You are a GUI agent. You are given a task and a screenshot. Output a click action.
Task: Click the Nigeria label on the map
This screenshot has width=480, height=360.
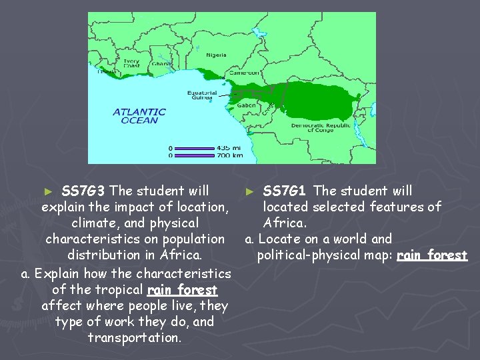[215, 55]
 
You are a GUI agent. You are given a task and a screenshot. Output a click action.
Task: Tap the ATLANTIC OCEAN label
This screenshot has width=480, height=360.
[139, 116]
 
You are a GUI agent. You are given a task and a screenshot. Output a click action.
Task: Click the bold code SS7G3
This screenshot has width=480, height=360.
[85, 191]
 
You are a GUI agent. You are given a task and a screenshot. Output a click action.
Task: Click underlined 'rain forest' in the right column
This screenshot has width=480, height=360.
[432, 255]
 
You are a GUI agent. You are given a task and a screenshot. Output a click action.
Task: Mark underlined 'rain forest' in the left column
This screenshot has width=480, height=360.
[182, 290]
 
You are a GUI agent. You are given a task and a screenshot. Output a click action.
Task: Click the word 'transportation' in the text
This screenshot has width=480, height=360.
[133, 338]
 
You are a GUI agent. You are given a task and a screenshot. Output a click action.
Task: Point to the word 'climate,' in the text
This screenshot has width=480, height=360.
[97, 223]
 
